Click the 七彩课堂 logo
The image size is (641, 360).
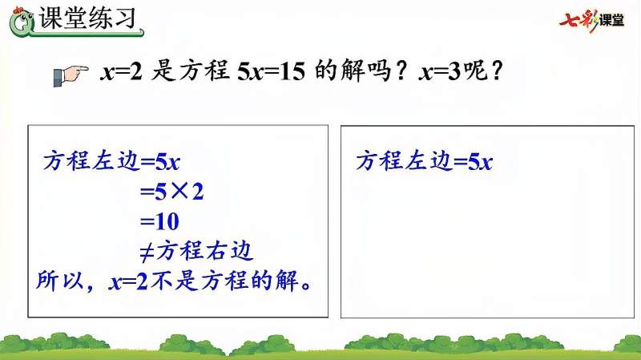(x=593, y=19)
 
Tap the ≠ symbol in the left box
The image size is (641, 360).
(x=147, y=251)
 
